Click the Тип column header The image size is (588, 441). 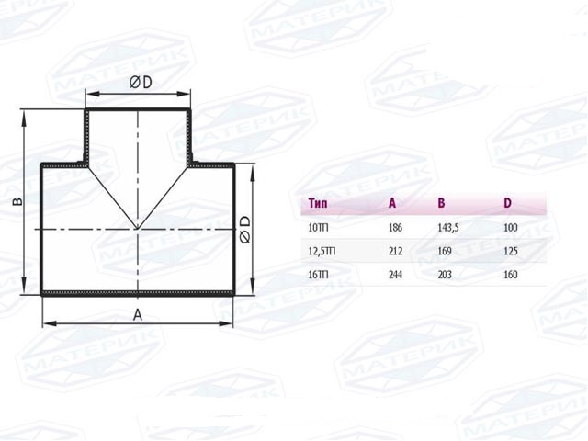(318, 203)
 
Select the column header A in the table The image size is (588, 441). (392, 203)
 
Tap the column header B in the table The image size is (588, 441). (441, 203)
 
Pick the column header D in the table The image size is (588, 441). (507, 203)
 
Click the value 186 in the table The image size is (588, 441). (395, 228)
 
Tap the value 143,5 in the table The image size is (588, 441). (448, 228)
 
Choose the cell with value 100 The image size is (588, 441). (511, 228)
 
